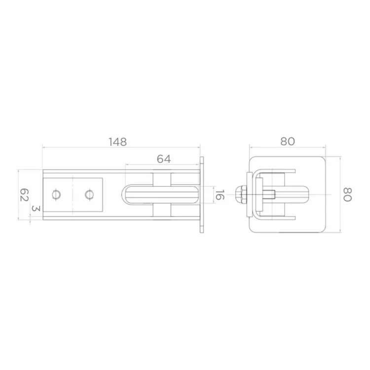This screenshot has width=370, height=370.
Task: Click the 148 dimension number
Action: pyautogui.click(x=117, y=142)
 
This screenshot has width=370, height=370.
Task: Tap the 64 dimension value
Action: pyautogui.click(x=164, y=159)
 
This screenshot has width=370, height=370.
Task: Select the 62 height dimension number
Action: pyautogui.click(x=24, y=195)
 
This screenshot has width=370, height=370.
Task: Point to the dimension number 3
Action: pyautogui.click(x=36, y=208)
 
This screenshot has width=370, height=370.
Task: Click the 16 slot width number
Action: pyautogui.click(x=220, y=195)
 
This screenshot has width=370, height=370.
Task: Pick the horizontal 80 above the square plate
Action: pyautogui.click(x=288, y=142)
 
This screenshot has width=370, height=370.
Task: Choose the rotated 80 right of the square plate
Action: pyautogui.click(x=347, y=195)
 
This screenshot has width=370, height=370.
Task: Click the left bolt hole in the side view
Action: pyautogui.click(x=56, y=195)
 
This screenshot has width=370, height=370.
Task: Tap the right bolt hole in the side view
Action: pyautogui.click(x=89, y=195)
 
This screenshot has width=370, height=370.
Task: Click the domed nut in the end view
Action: pyautogui.click(x=241, y=194)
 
